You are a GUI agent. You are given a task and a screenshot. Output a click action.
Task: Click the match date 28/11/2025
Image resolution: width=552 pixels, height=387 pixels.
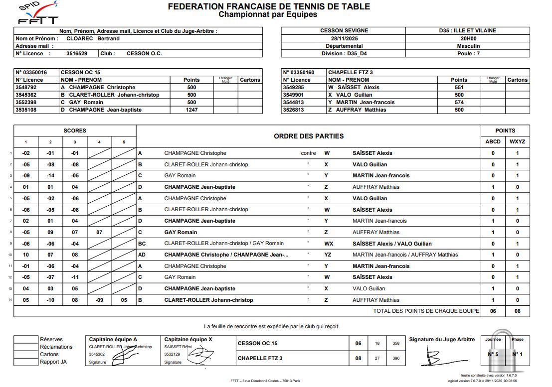pos(343,38)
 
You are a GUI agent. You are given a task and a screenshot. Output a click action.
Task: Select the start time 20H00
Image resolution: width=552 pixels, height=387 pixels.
pos(468,38)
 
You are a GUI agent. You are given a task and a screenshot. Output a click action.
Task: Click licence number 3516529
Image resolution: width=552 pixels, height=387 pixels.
pos(77,53)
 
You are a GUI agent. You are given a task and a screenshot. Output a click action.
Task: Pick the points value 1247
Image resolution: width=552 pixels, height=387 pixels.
pos(191,110)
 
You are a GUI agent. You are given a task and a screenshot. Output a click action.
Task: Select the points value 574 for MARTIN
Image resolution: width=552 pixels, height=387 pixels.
pos(459,102)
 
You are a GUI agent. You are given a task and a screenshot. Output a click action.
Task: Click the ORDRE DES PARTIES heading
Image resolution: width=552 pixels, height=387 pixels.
pos(308,136)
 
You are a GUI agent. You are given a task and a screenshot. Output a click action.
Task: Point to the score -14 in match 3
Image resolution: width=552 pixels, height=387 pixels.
pos(50,175)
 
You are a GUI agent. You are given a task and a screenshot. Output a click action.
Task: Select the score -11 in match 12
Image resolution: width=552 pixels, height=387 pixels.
pos(75,277)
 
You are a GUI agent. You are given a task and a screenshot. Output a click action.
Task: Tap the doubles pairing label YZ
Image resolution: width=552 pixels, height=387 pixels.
pos(328,255)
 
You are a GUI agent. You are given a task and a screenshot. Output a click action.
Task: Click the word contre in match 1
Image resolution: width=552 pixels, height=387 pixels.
pos(308,153)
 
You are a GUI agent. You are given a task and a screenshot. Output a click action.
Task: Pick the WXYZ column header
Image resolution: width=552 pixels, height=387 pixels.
pos(517,141)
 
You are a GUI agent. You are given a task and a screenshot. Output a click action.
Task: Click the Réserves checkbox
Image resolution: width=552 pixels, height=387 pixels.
pos(26,339)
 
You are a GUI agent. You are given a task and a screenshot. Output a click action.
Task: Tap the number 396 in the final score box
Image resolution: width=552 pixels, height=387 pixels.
pos(396,358)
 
